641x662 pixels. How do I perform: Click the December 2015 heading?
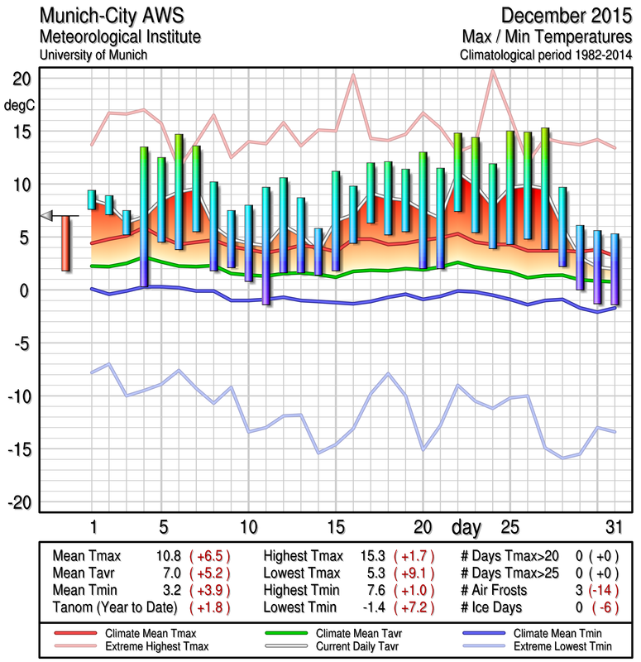click(x=566, y=16)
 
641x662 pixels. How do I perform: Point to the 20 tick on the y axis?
click(x=22, y=79)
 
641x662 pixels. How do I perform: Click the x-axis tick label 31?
click(x=614, y=527)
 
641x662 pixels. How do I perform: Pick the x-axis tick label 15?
click(x=335, y=527)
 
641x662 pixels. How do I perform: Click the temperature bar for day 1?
click(x=92, y=199)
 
